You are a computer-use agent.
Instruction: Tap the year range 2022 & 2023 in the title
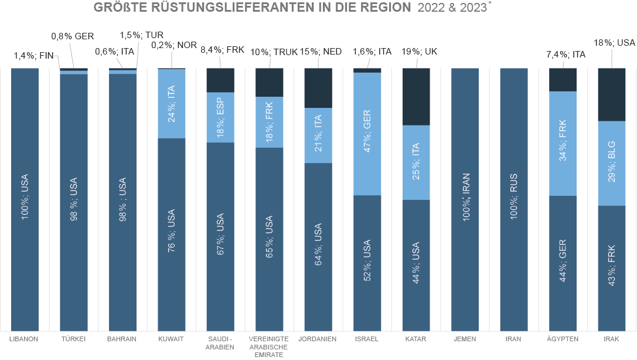pos(452,8)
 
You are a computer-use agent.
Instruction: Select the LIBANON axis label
pos(25,339)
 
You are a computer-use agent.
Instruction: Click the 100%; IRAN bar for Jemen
pos(465,200)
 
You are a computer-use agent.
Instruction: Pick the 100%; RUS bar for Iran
pos(514,200)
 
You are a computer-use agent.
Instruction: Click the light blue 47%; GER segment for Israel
pos(367,134)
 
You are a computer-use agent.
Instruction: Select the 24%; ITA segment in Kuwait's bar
pos(171,104)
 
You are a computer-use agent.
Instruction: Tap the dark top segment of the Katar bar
pos(416,97)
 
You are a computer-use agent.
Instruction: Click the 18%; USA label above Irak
pos(615,42)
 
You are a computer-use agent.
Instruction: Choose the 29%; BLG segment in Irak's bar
pos(611,163)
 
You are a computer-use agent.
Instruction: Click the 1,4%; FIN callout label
pos(33,56)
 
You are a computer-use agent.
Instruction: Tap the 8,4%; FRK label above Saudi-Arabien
pos(222,50)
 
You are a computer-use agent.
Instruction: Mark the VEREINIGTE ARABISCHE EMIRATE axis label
pos(269,347)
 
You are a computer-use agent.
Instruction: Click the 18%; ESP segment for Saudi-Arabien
pos(220,117)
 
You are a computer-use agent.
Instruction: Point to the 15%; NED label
pos(321,52)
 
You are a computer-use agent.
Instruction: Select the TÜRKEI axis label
pos(74,339)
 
